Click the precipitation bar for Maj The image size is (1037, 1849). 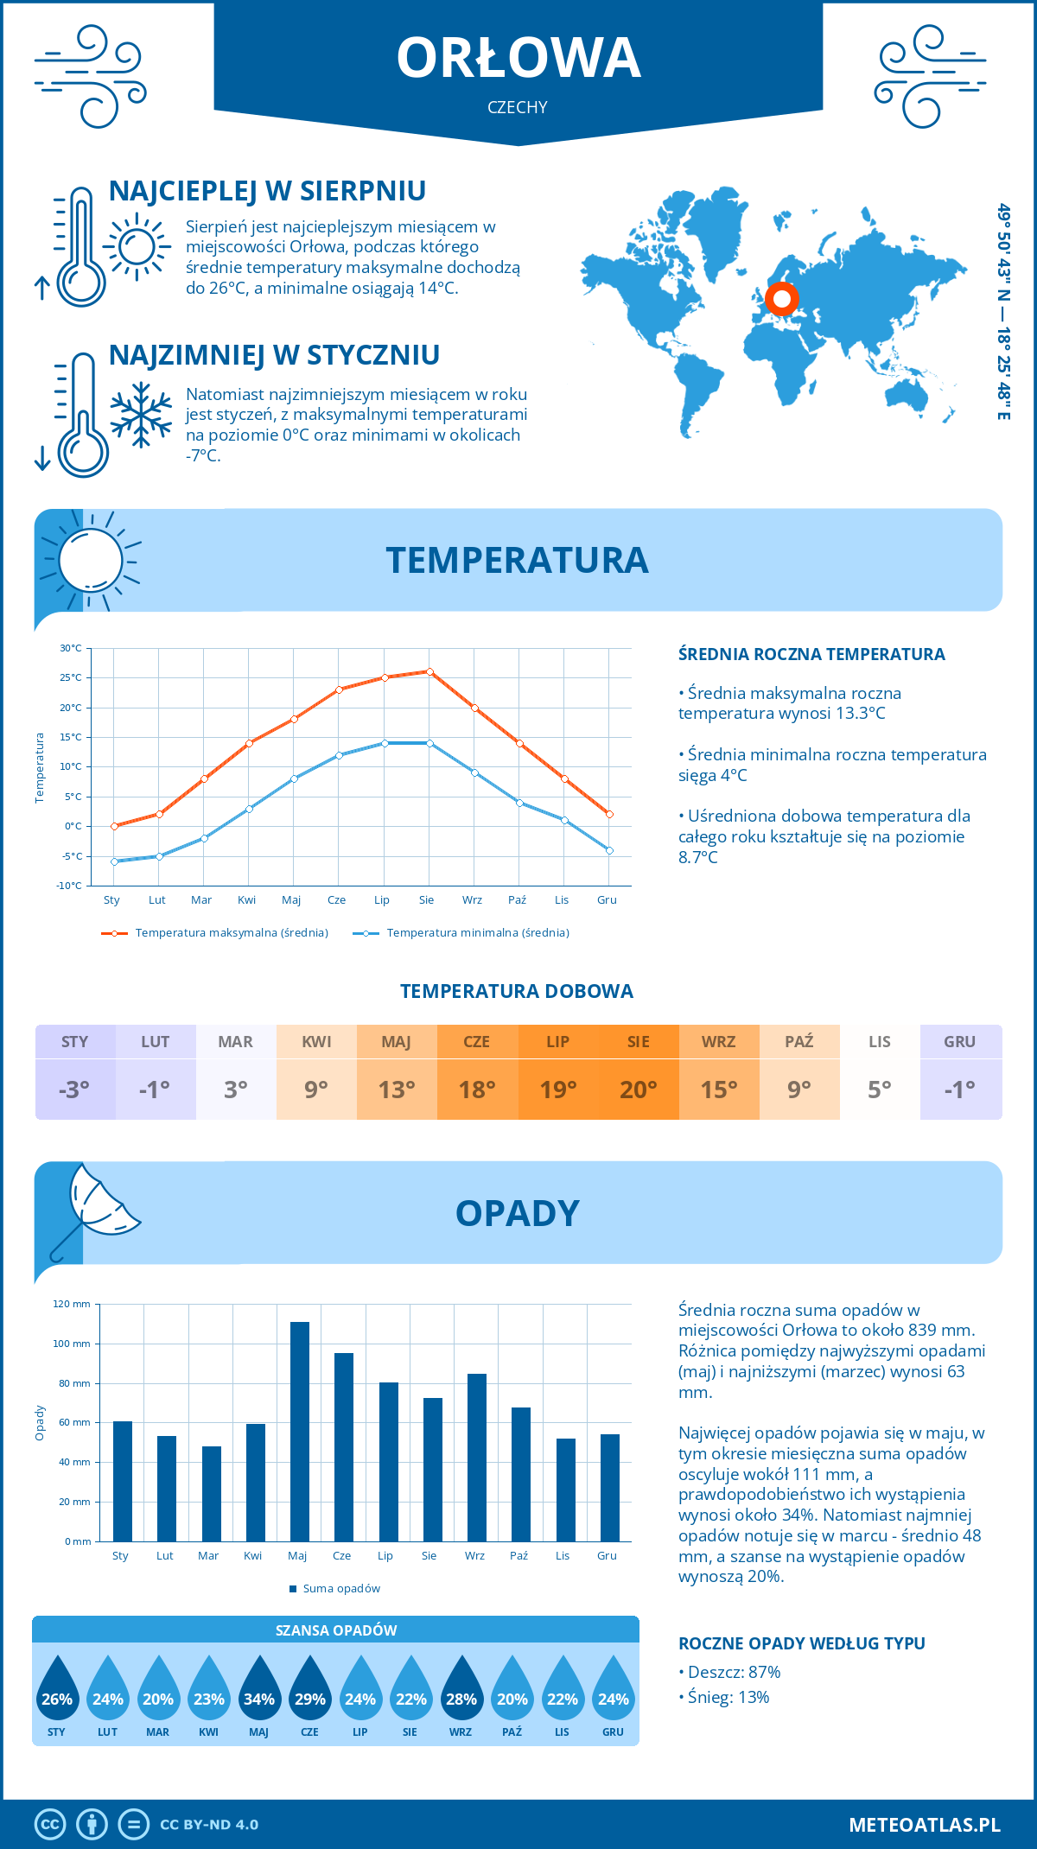click(299, 1431)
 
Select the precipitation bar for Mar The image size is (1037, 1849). click(211, 1493)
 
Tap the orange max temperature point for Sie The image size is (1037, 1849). click(429, 671)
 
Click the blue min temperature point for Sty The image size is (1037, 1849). click(114, 861)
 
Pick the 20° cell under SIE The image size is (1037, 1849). click(639, 1089)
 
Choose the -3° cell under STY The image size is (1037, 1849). click(75, 1089)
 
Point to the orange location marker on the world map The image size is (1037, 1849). click(782, 299)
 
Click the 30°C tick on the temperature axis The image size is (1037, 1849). click(71, 648)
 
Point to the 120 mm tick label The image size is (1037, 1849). click(72, 1304)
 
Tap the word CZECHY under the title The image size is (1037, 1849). click(518, 107)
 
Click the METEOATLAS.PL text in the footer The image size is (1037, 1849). click(924, 1825)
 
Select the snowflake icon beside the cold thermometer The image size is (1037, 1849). click(141, 415)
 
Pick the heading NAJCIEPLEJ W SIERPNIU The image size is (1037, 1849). click(267, 191)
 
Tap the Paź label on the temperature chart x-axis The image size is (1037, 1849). click(517, 900)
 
